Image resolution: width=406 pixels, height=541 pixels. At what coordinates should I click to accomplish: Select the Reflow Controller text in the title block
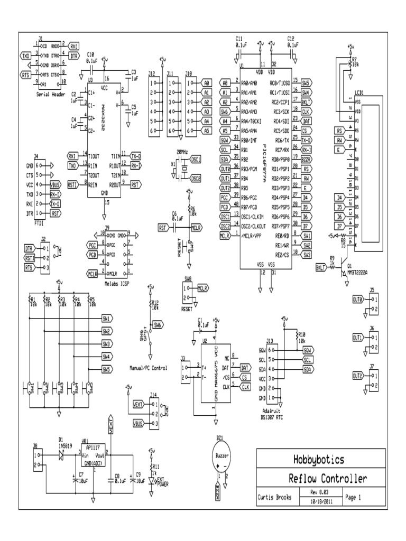pyautogui.click(x=327, y=479)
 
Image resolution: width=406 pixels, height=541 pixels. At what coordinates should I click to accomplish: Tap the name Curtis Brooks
pyautogui.click(x=275, y=497)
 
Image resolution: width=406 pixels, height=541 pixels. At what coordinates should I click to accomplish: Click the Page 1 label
pyautogui.click(x=353, y=497)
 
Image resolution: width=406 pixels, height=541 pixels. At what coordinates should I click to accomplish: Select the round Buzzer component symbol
pyautogui.click(x=222, y=456)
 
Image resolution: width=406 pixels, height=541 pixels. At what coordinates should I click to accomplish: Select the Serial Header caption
pyautogui.click(x=50, y=95)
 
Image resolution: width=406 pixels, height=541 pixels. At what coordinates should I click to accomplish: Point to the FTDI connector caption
pyautogui.click(x=39, y=223)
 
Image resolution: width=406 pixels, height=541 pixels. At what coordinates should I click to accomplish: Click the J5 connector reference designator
pyautogui.click(x=372, y=290)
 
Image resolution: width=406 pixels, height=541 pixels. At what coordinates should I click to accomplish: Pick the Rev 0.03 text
pyautogui.click(x=316, y=491)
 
